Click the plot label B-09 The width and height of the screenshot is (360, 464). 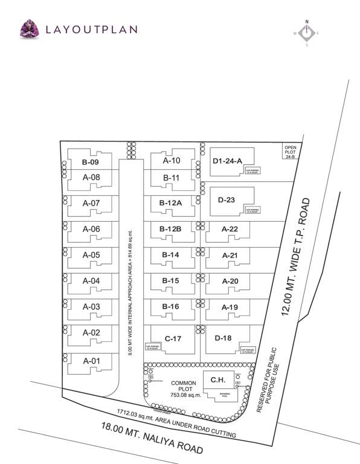click(90, 163)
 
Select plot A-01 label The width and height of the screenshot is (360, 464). click(91, 361)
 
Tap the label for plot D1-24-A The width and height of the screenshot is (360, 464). click(227, 161)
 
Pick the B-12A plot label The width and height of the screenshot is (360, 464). click(171, 204)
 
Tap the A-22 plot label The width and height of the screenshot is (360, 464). click(230, 229)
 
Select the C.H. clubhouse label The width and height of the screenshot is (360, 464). click(219, 379)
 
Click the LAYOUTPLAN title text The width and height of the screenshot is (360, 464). click(91, 29)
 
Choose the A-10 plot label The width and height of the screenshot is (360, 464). click(172, 161)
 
